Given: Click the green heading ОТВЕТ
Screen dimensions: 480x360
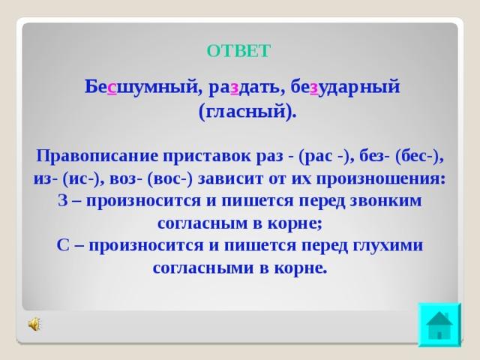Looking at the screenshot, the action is coord(238,51).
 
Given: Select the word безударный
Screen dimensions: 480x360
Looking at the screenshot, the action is coord(345,87).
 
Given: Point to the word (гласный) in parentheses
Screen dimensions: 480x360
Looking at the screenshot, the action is coord(247,111).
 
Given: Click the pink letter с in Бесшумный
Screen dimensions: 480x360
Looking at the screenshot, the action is coord(112,88).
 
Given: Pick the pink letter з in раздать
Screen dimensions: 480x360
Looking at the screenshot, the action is coord(235,88).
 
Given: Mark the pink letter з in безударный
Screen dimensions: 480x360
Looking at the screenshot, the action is coord(314,88).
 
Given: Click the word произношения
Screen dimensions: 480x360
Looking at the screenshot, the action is coord(381,179).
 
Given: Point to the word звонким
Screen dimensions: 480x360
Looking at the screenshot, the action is coord(385,201).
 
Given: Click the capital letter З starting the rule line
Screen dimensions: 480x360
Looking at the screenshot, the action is coord(62,201).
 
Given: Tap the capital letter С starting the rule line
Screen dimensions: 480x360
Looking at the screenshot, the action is coord(63,245).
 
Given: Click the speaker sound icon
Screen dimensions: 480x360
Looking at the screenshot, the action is coord(34,324).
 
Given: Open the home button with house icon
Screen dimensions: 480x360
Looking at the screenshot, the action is coord(439,325).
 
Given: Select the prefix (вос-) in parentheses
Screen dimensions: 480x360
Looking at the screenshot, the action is coord(170,179).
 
